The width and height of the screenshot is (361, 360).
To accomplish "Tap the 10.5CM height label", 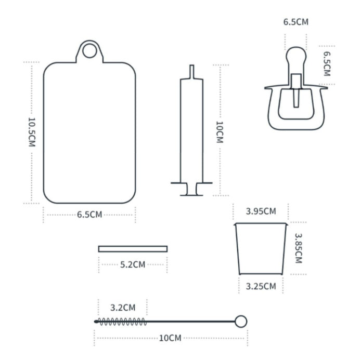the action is point(32,132).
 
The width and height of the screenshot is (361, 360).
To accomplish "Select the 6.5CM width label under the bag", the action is point(89,215).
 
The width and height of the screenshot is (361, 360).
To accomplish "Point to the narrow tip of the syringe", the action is point(191,72).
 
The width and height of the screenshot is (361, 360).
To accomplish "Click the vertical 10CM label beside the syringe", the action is point(220,132).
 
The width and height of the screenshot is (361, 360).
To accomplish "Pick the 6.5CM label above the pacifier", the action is point(296,22).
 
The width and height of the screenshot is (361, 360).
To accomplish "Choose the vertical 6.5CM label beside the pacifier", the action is point(327,64).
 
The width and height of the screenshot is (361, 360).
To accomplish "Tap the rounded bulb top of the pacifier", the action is point(296,56).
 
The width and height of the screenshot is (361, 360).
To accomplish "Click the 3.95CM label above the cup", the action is point(261,211).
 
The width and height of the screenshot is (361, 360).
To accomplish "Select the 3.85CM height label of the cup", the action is point(299,248).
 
